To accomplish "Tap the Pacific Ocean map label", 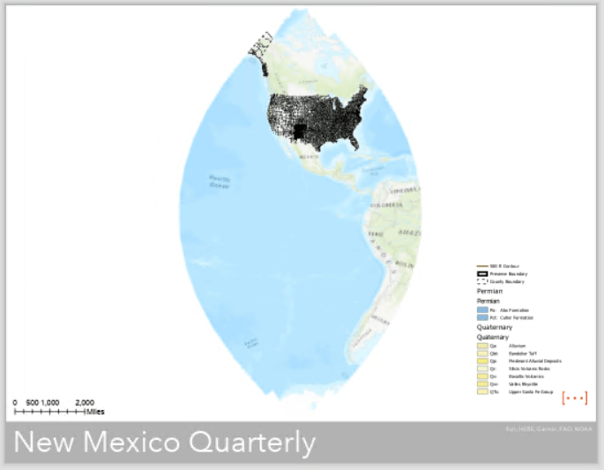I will [220, 182].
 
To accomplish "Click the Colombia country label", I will [392, 203].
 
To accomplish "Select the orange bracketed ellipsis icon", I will [574, 398].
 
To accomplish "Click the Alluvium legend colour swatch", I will [482, 346].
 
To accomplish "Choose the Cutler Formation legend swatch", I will [482, 317].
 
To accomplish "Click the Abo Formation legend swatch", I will [482, 310].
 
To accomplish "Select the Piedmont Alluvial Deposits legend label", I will [526, 361].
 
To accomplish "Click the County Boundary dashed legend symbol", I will [482, 281].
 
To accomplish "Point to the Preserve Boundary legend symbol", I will [482, 273].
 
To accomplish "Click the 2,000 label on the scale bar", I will [85, 402].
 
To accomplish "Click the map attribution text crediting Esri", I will [546, 429].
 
